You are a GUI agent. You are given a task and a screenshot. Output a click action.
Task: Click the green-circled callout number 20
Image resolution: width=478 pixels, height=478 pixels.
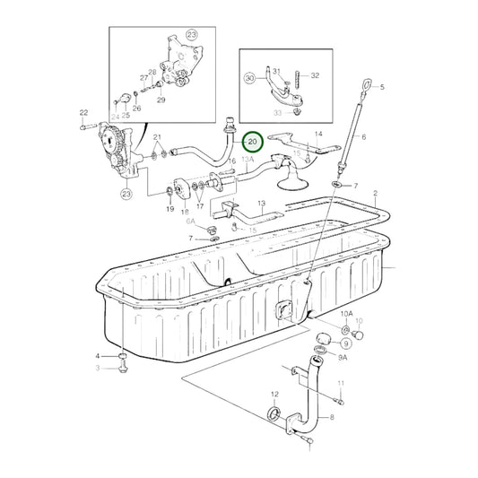tap(252, 142)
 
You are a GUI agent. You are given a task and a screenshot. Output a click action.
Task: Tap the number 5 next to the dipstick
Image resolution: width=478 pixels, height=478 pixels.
tap(381, 87)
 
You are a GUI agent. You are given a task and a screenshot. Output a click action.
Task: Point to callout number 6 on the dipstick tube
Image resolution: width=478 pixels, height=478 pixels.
tap(364, 138)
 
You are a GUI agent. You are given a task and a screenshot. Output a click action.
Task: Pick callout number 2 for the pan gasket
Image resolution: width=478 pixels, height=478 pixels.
tap(377, 193)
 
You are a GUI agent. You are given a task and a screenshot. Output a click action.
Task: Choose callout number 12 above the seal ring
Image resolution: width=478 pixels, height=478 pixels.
tap(274, 394)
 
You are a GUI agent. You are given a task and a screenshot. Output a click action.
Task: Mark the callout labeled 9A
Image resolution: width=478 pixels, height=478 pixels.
tap(342, 356)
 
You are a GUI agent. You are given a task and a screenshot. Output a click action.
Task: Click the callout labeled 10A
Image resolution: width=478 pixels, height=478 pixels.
tap(347, 313)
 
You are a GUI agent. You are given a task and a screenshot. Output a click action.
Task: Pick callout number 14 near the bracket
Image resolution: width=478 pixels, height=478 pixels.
tap(317, 134)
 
